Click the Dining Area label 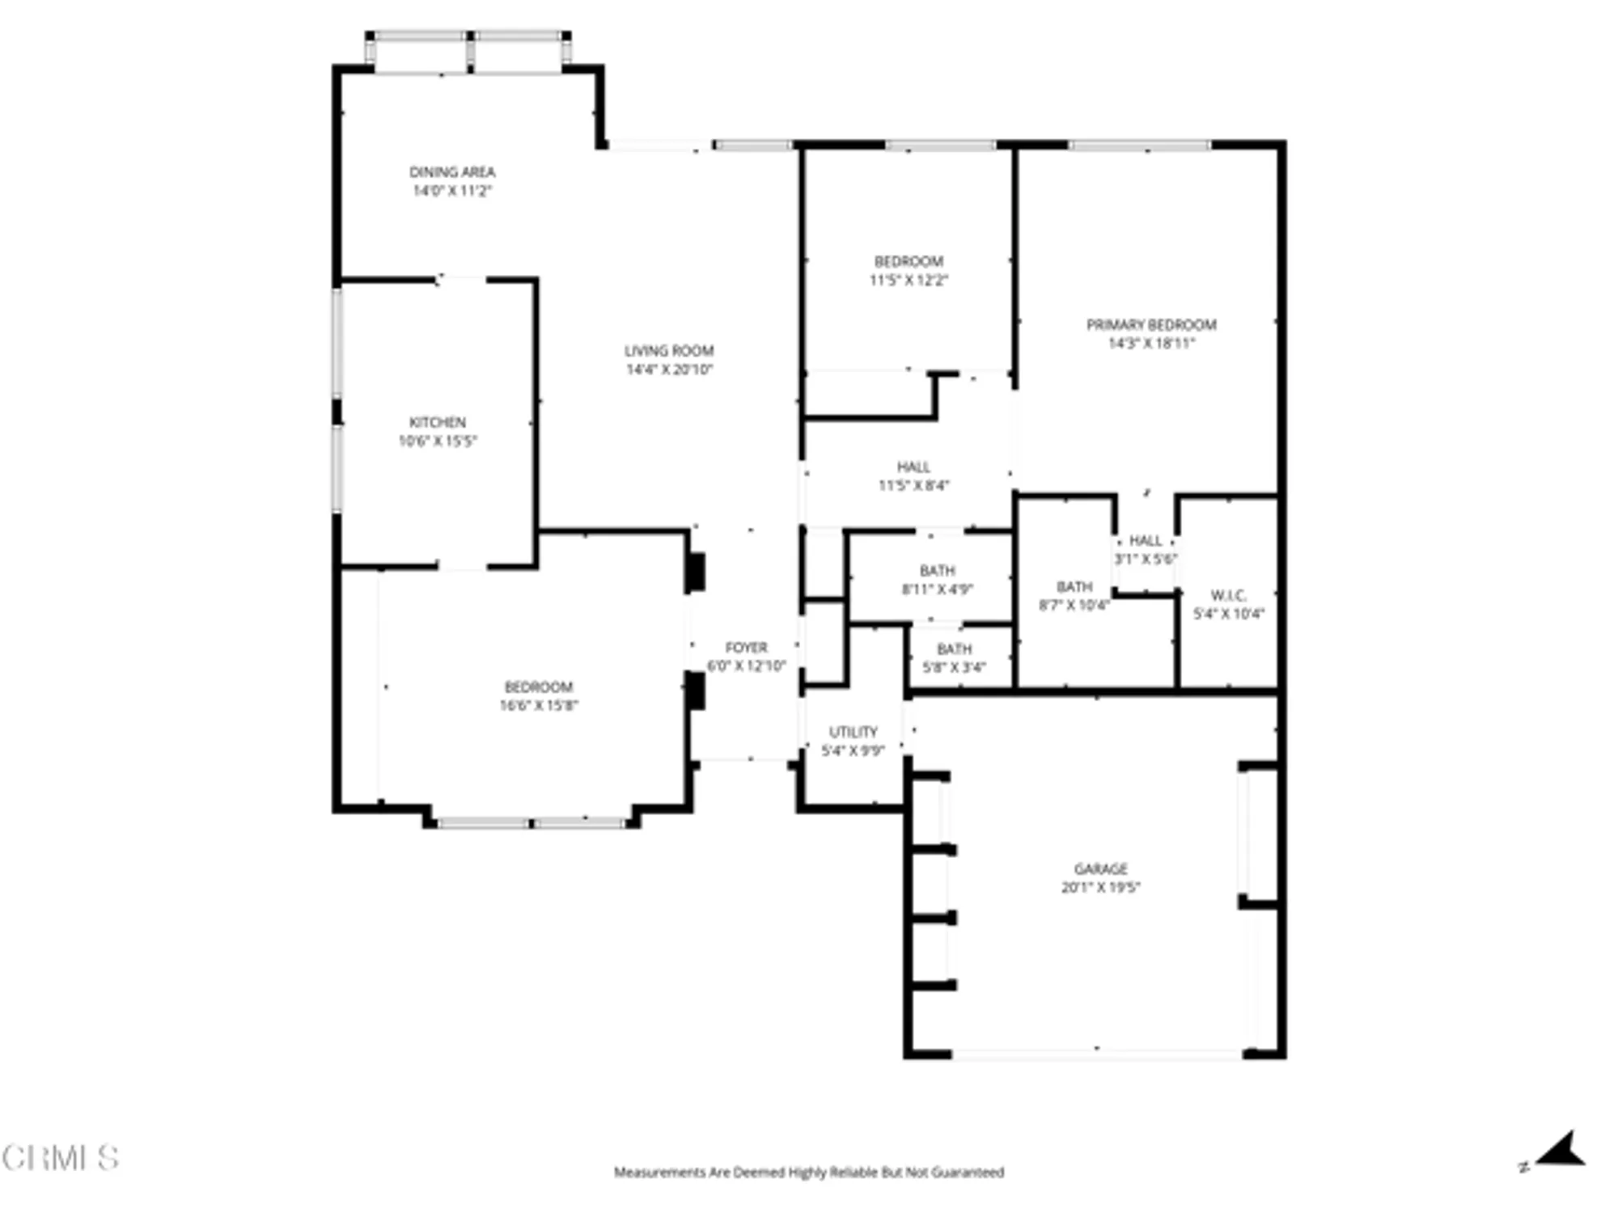[x=451, y=171]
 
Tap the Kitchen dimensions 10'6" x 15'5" [x=438, y=442]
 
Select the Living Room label [x=668, y=351]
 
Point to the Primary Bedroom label [x=1151, y=325]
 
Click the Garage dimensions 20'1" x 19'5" [x=1100, y=887]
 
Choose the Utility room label [x=853, y=732]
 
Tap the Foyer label [x=746, y=648]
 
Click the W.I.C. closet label [x=1228, y=596]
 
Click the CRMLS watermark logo [x=61, y=1158]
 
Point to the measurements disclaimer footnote [x=808, y=1172]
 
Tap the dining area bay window [x=468, y=52]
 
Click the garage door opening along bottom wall [x=1098, y=1054]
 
